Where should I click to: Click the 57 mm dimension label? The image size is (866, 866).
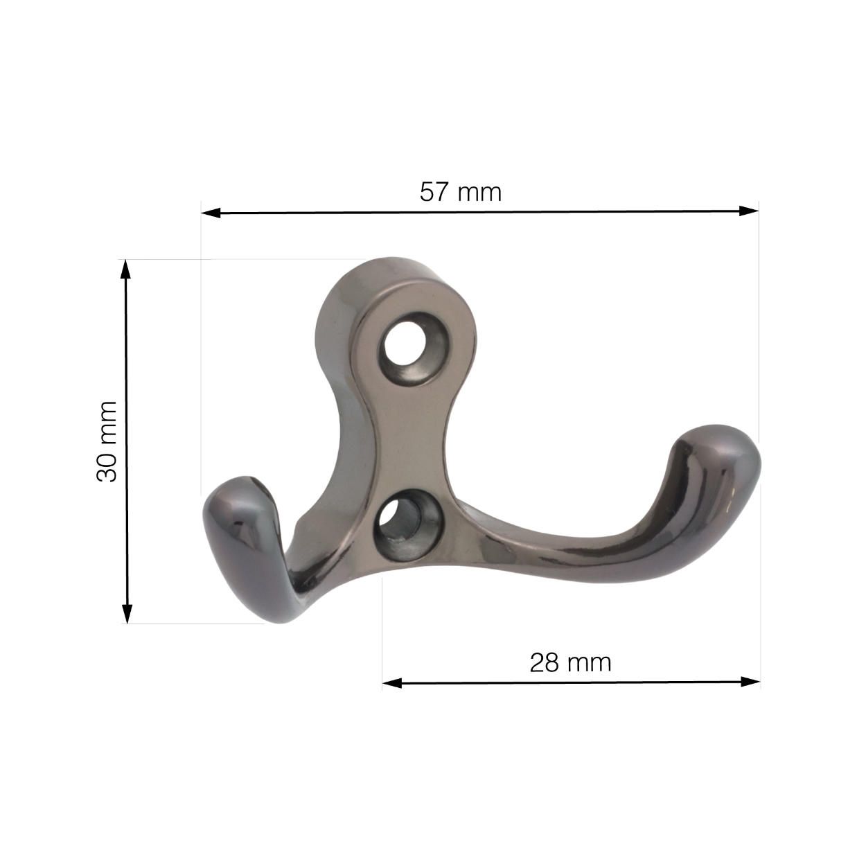(x=460, y=192)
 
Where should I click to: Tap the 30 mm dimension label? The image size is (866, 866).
(x=107, y=441)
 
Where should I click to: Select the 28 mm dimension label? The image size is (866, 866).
(x=570, y=663)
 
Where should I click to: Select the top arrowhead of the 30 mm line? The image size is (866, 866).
(x=125, y=269)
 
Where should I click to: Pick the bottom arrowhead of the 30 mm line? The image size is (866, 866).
(x=127, y=613)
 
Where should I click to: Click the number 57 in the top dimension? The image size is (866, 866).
(x=434, y=192)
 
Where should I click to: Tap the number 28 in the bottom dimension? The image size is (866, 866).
(x=544, y=663)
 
